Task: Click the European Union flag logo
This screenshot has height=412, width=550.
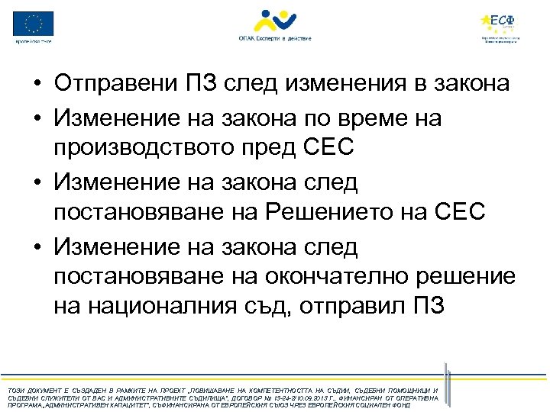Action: tap(34, 23)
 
